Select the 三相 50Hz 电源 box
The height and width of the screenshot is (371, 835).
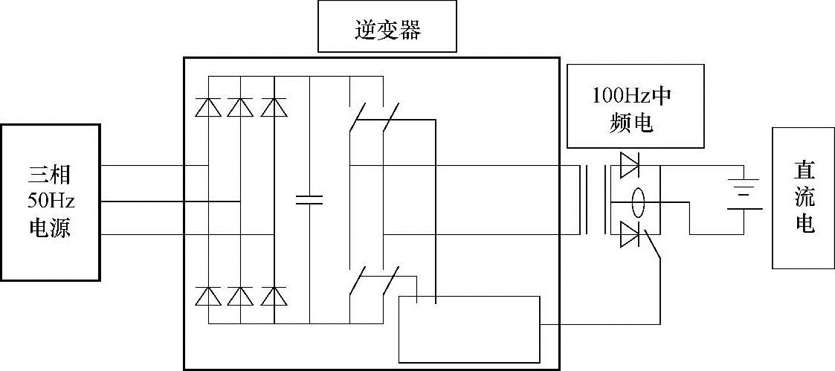(50, 202)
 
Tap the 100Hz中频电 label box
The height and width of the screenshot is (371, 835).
(634, 106)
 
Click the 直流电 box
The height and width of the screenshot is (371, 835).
(803, 198)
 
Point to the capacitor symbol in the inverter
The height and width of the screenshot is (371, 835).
(309, 199)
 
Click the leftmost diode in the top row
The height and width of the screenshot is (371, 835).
(207, 108)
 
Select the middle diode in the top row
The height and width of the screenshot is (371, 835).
(240, 108)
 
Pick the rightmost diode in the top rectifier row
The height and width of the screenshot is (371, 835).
(273, 108)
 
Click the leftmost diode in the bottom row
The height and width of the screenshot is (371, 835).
(207, 296)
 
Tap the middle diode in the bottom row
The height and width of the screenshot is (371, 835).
(240, 296)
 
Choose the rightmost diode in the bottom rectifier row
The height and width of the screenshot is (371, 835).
(273, 296)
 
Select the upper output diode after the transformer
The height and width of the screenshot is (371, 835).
(630, 165)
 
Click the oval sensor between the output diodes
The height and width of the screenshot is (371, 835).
(638, 200)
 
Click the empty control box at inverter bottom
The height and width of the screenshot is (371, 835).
(470, 327)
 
